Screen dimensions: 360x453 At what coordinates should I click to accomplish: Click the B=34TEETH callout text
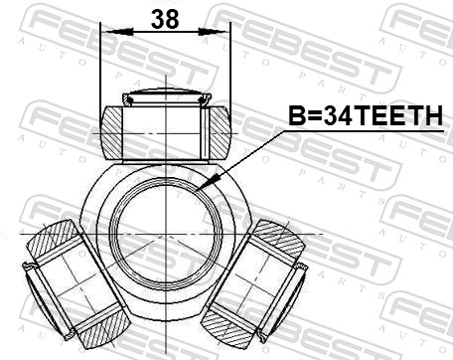click(x=364, y=117)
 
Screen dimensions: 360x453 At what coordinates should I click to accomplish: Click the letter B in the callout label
click(x=296, y=117)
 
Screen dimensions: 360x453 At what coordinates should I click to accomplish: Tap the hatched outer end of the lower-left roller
click(x=47, y=243)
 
